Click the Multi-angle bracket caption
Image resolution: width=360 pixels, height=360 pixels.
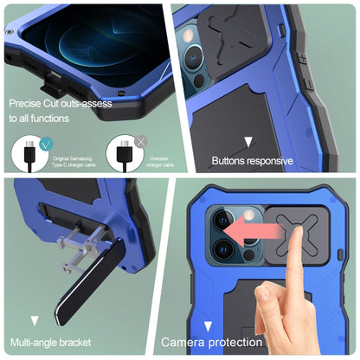(x=55, y=344)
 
